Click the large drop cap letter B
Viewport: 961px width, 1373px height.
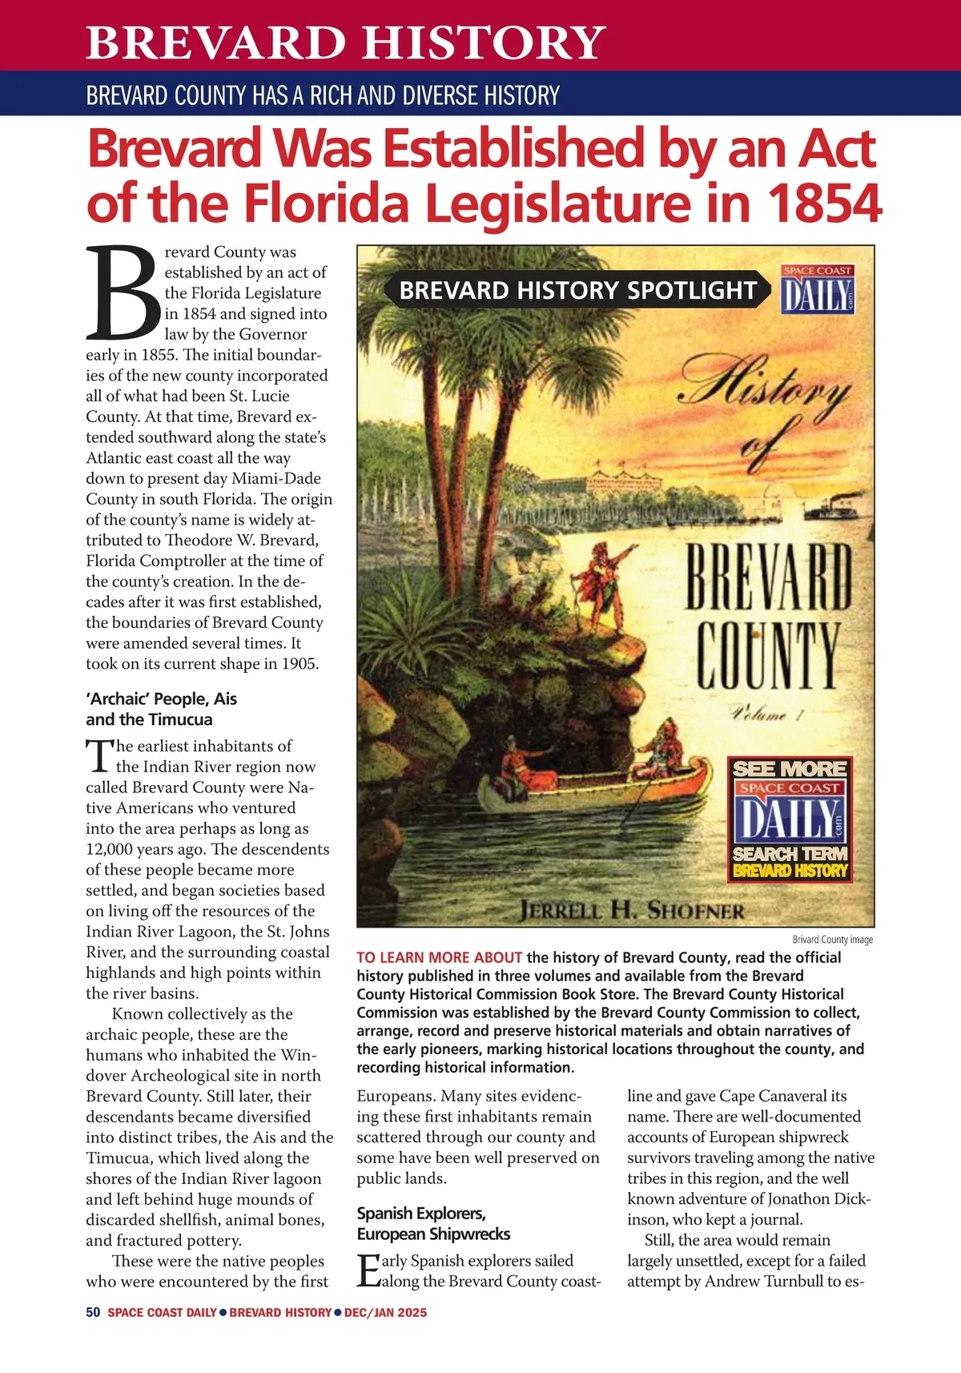(x=123, y=293)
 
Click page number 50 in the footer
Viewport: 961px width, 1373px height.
(x=93, y=1312)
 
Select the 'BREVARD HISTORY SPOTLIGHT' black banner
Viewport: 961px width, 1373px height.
(x=577, y=290)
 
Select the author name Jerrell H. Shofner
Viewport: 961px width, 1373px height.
(x=632, y=910)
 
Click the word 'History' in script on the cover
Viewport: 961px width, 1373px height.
(x=765, y=389)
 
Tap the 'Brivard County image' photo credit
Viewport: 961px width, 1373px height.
(x=832, y=939)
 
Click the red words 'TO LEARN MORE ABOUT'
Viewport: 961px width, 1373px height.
(x=439, y=957)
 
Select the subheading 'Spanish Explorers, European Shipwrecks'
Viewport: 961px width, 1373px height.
(x=433, y=1223)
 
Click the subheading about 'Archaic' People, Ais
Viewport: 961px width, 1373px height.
(x=161, y=709)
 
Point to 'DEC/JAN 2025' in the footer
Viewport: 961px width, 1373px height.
(x=385, y=1312)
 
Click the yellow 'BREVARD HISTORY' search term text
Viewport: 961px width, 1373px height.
(x=790, y=871)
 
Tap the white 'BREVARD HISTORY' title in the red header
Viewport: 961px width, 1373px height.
(x=345, y=42)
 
